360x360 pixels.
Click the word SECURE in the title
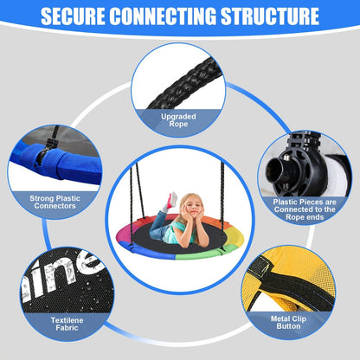coord(73,16)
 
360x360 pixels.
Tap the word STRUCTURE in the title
coord(270,16)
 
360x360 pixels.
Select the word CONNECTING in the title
coord(163,16)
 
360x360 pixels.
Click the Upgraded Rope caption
coord(178,120)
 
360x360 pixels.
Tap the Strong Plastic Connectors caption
coord(55,202)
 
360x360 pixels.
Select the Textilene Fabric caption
coord(67,324)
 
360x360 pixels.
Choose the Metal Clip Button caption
coord(288,323)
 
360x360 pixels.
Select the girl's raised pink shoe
coord(172,199)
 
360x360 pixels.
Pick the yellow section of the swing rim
coord(235,235)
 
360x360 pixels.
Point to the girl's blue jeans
coord(158,225)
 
